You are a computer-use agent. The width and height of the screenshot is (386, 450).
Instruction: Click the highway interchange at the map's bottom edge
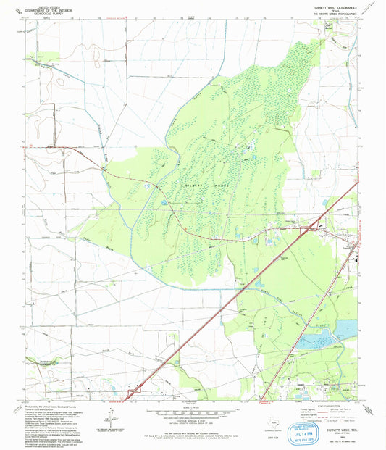[131, 395]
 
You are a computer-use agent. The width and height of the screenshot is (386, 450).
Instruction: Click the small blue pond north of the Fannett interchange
[316, 212]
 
